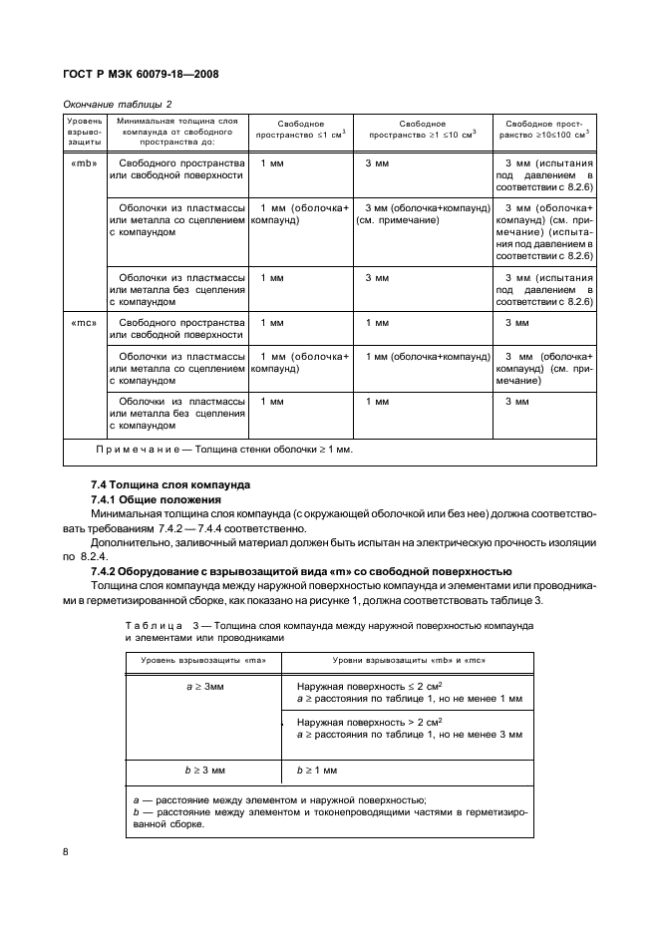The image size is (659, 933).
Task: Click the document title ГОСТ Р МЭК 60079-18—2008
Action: pos(141,74)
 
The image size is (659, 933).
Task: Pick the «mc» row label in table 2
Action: pos(84,323)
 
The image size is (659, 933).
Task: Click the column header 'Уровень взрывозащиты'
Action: pos(84,132)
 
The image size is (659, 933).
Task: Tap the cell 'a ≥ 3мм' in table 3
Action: pos(203,688)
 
